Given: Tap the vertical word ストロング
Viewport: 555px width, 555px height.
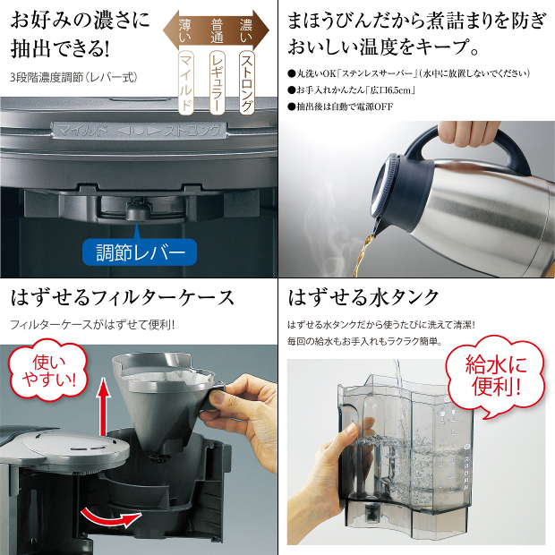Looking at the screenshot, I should pyautogui.click(x=246, y=82).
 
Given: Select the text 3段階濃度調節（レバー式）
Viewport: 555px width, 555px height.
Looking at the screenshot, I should pyautogui.click(x=74, y=77).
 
